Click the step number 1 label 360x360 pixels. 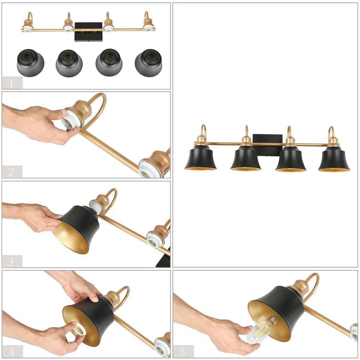tap(11, 84)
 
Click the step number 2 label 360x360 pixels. tap(11, 172)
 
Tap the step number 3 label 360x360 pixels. tap(11, 262)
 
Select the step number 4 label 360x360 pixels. tap(11, 351)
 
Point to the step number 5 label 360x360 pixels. tap(182, 352)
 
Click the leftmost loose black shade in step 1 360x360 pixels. tap(31, 63)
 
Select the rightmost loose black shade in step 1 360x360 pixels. tap(149, 63)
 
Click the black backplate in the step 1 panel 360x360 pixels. tap(89, 32)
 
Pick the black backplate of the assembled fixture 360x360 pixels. tap(268, 145)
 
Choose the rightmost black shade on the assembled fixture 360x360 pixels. tap(334, 159)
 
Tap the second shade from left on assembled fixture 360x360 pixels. tap(246, 158)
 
